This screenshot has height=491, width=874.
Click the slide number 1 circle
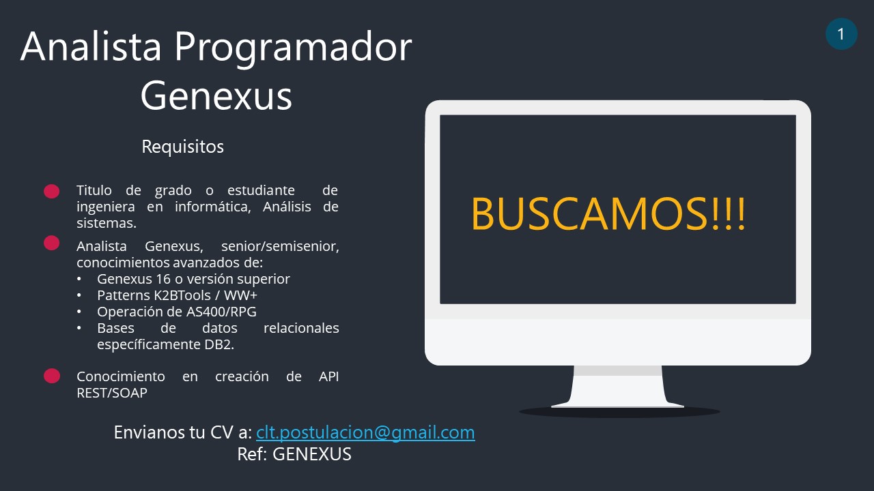pyautogui.click(x=841, y=34)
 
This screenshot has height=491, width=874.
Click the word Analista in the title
pyautogui.click(x=91, y=47)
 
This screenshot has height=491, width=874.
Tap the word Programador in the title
pyautogui.click(x=293, y=48)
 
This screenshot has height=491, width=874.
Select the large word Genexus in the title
pyautogui.click(x=216, y=95)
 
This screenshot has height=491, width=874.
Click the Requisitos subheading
pyautogui.click(x=182, y=147)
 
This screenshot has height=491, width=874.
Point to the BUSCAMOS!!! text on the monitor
pyautogui.click(x=608, y=213)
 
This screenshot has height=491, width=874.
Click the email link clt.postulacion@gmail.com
pyautogui.click(x=365, y=432)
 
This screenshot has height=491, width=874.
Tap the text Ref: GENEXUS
pyautogui.click(x=294, y=454)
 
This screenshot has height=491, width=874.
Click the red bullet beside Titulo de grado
pyautogui.click(x=51, y=192)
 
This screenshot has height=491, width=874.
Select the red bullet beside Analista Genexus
pyautogui.click(x=51, y=243)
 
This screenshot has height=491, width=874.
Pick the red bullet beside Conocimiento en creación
pyautogui.click(x=51, y=376)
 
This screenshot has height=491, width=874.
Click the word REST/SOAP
pyautogui.click(x=112, y=393)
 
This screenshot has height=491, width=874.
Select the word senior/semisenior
pyautogui.click(x=280, y=246)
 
